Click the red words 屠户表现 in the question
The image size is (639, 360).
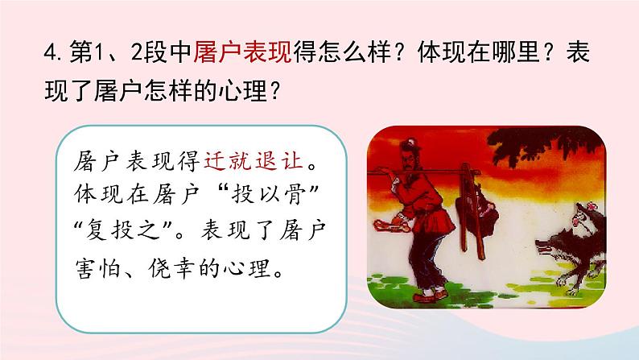242,52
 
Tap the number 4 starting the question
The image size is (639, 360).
50,53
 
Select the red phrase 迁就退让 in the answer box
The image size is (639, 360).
254,159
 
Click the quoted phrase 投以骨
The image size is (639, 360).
269,193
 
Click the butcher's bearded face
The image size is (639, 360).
409,163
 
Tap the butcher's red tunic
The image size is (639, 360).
424,208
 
